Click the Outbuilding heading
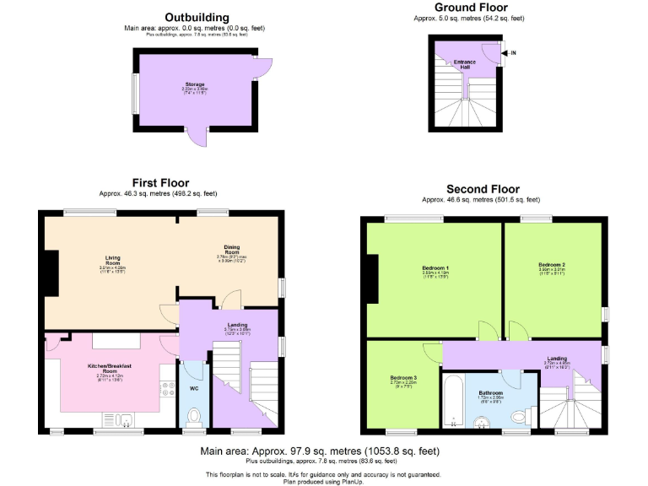click(x=197, y=17)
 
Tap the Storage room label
click(x=196, y=85)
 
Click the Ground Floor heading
click(x=469, y=7)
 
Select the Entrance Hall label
click(x=465, y=63)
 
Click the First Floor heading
click(x=160, y=182)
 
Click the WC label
click(x=192, y=389)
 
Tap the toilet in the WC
click(x=192, y=416)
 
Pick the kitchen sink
click(x=119, y=418)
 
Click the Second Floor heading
click(x=483, y=189)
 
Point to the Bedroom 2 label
click(x=552, y=265)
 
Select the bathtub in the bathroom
click(x=454, y=403)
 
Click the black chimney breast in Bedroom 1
click(x=372, y=278)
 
